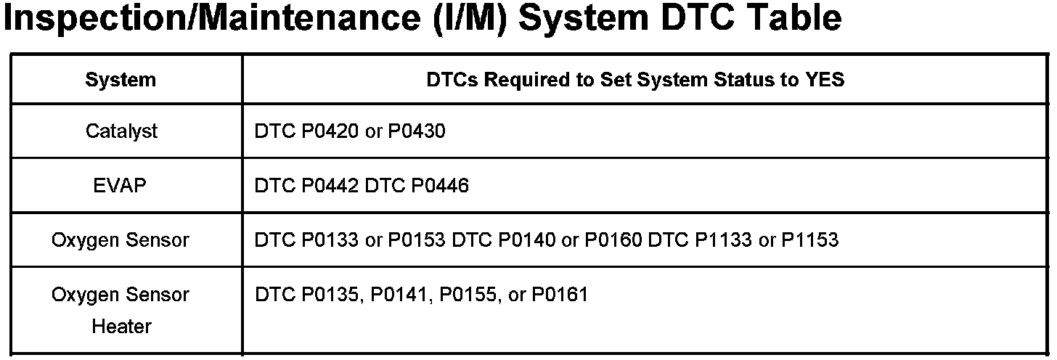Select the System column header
click(121, 79)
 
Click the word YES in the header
click(824, 79)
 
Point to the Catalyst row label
click(121, 131)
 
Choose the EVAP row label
click(121, 186)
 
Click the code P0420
click(330, 131)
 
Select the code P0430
click(417, 131)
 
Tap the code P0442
click(330, 186)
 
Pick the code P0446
click(440, 186)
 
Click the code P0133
click(330, 240)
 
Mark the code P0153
click(417, 240)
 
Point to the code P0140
click(527, 240)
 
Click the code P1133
click(723, 240)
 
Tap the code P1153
click(809, 240)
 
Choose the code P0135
click(331, 295)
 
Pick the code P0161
click(560, 295)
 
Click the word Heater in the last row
click(121, 327)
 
